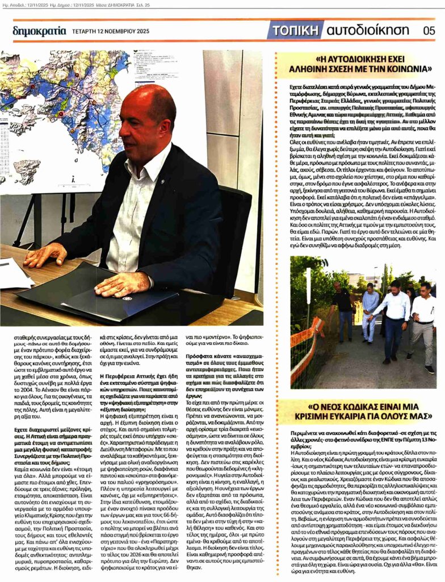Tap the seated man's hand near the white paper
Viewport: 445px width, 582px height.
point(43,255)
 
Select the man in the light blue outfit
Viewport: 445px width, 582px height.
point(370,312)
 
